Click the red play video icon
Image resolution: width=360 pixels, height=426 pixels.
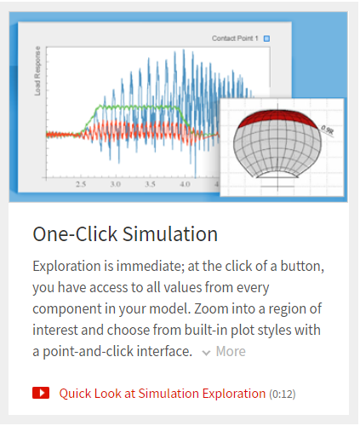(x=41, y=393)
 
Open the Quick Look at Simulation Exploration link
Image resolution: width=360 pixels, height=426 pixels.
(x=163, y=394)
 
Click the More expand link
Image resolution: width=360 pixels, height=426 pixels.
(x=231, y=351)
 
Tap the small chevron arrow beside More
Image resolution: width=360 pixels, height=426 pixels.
(x=206, y=353)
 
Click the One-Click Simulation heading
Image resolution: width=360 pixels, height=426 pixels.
(x=125, y=234)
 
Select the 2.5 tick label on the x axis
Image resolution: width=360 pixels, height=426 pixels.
(x=81, y=184)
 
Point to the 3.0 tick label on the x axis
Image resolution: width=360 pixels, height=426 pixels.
(x=116, y=184)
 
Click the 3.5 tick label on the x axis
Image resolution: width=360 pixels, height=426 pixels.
(x=150, y=184)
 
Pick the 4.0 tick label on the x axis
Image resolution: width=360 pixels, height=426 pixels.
(x=185, y=184)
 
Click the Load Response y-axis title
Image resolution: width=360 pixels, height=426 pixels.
(x=37, y=71)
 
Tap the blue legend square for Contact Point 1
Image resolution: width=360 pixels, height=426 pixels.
(x=266, y=38)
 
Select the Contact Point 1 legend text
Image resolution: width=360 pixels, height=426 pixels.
(x=235, y=38)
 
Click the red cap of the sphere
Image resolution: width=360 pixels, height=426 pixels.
(x=277, y=118)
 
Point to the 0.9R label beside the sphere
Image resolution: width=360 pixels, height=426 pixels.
(x=327, y=130)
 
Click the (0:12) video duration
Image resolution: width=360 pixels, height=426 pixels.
(x=283, y=394)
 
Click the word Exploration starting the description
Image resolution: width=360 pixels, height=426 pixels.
(x=66, y=267)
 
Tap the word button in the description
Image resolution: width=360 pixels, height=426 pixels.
(x=302, y=266)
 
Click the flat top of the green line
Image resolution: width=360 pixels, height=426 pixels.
(x=139, y=106)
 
